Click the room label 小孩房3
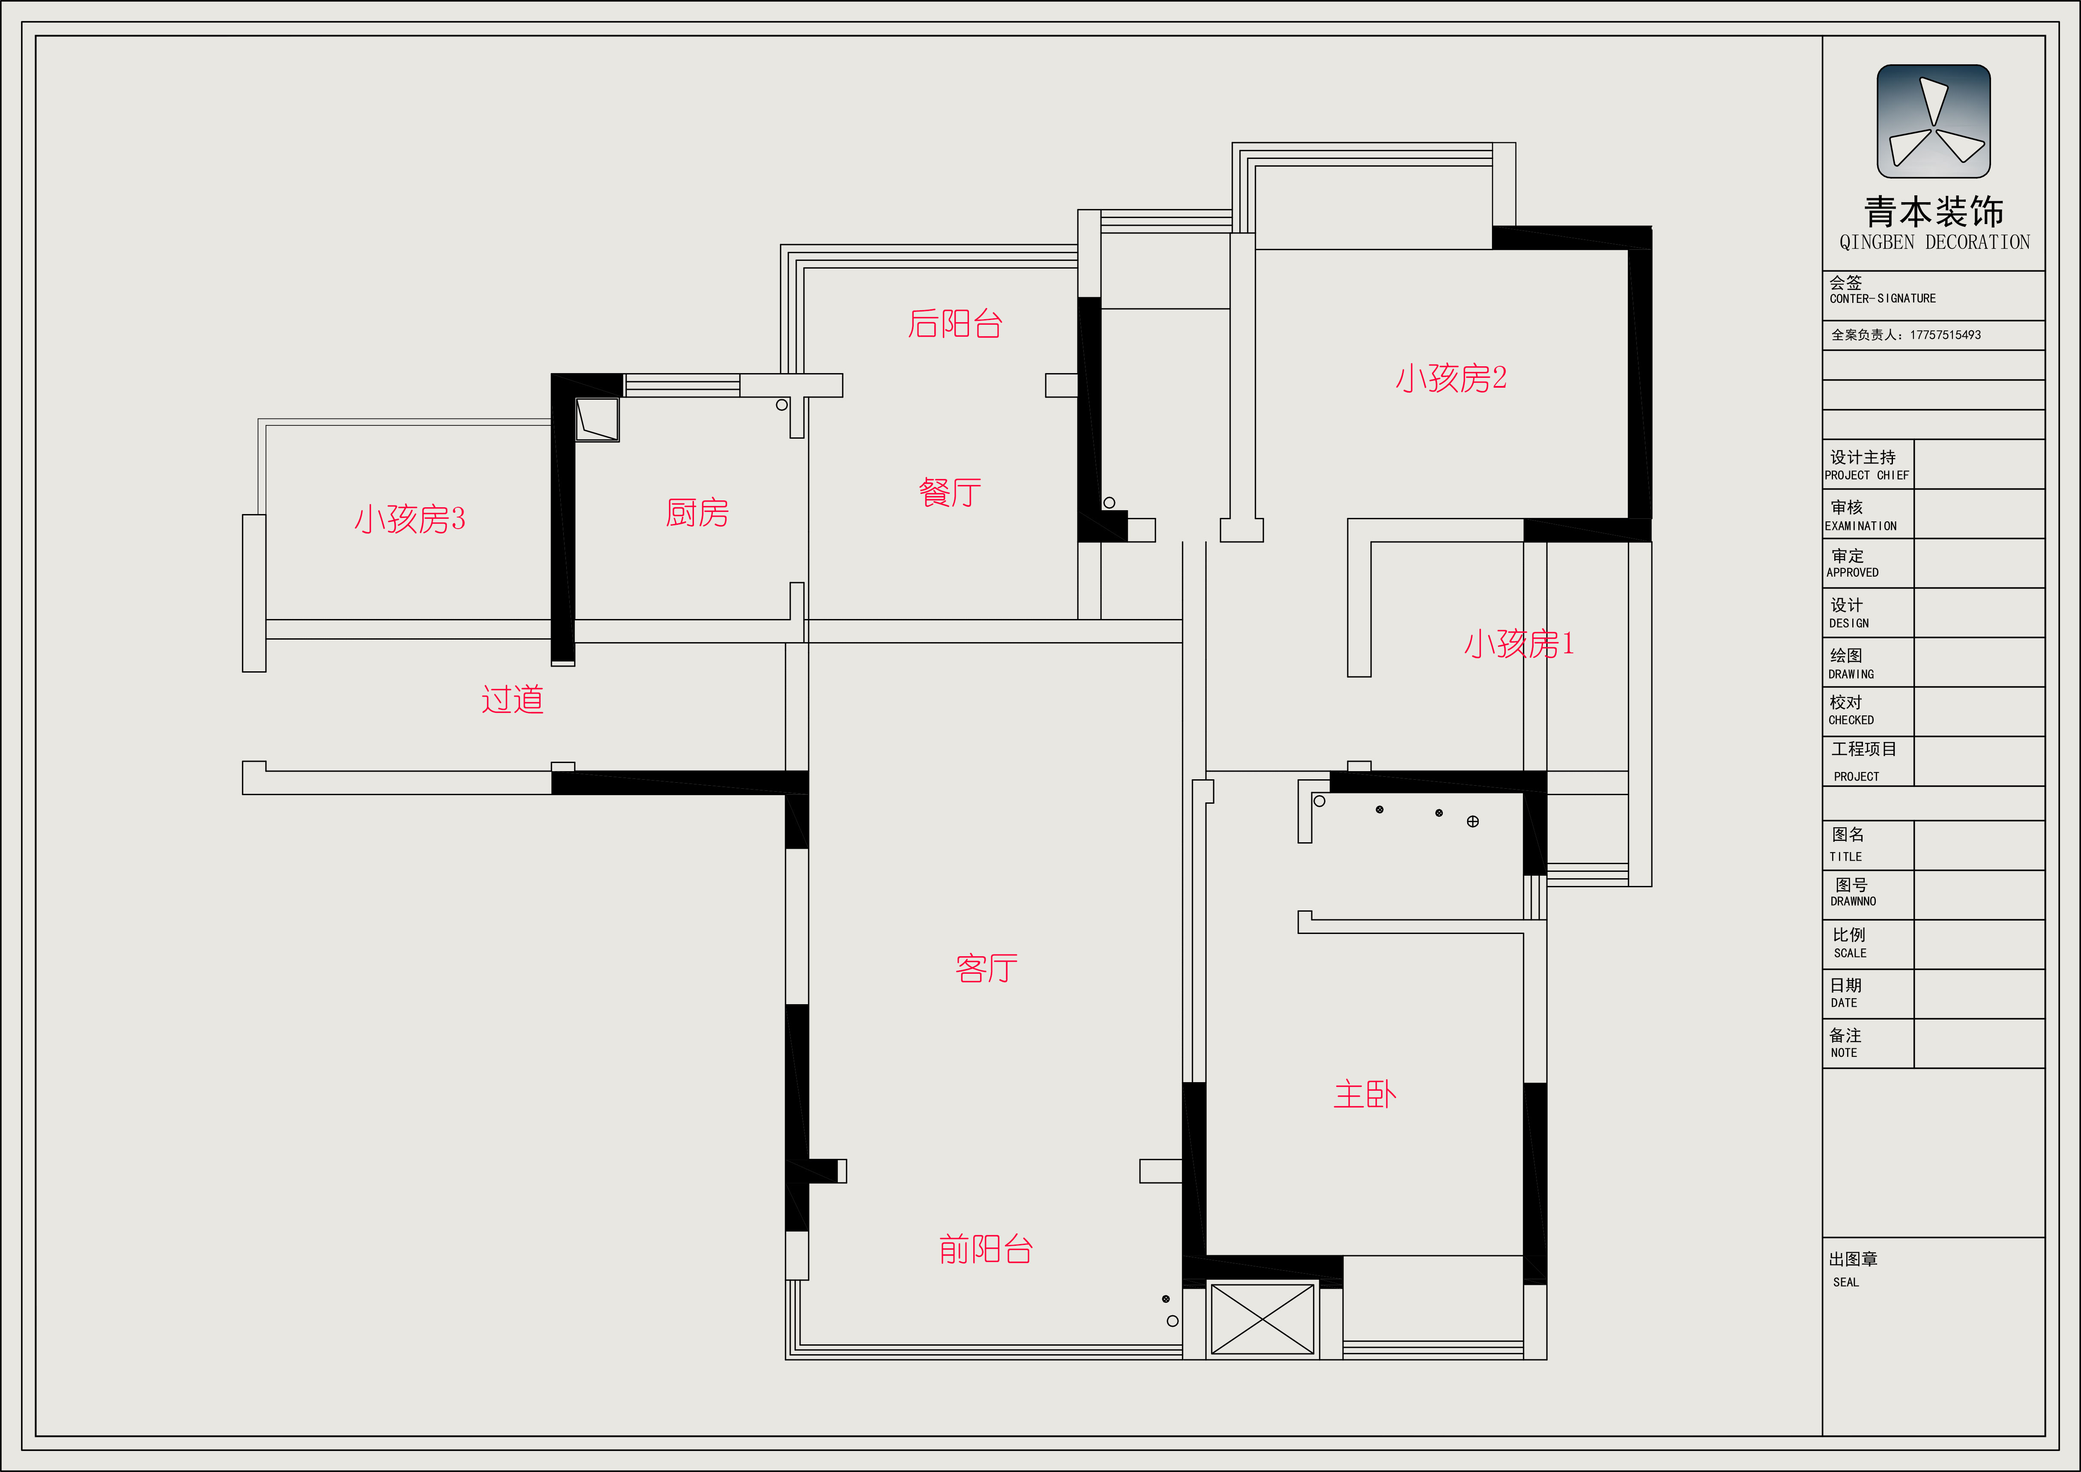(x=410, y=519)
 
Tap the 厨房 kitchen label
(x=697, y=513)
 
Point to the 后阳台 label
(x=955, y=323)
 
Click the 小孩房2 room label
(x=1451, y=378)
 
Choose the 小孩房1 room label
(x=1519, y=643)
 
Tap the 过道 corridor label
(x=512, y=700)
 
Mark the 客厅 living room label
(x=986, y=969)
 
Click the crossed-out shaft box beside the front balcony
(x=1262, y=1320)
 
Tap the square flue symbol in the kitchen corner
(x=597, y=420)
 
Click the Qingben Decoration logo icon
(x=1933, y=122)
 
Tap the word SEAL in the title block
(x=1845, y=1283)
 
